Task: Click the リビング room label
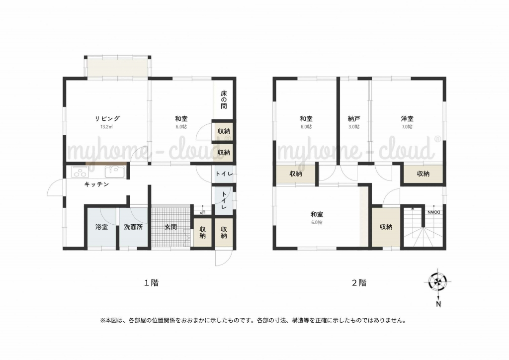(107, 118)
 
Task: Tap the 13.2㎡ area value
(106, 127)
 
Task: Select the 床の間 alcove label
(224, 99)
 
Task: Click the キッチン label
(96, 184)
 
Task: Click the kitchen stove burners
(80, 172)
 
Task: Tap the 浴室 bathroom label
(101, 227)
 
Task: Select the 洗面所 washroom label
(133, 227)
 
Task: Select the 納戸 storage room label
(354, 119)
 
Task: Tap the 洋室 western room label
(407, 119)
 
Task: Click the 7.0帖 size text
(407, 127)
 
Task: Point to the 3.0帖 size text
(354, 127)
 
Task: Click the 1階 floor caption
(151, 283)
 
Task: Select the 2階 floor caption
(359, 283)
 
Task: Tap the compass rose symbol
(438, 281)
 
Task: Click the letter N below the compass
(438, 304)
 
